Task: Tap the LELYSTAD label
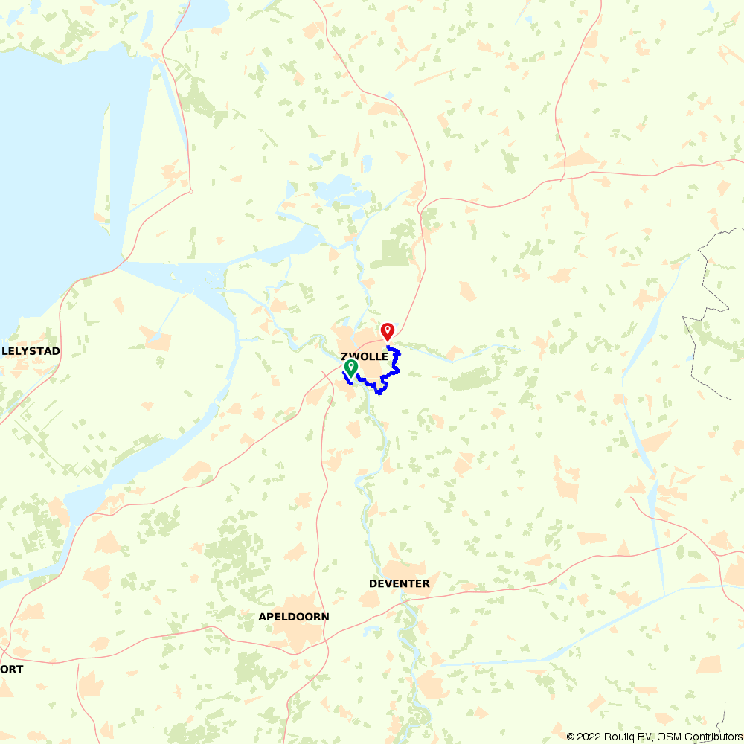pos(31,350)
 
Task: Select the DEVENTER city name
pos(399,583)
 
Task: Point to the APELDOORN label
pos(293,617)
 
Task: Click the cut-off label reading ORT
pos(12,669)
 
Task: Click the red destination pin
pos(387,330)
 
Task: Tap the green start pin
pos(350,367)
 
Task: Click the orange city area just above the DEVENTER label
pos(402,568)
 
